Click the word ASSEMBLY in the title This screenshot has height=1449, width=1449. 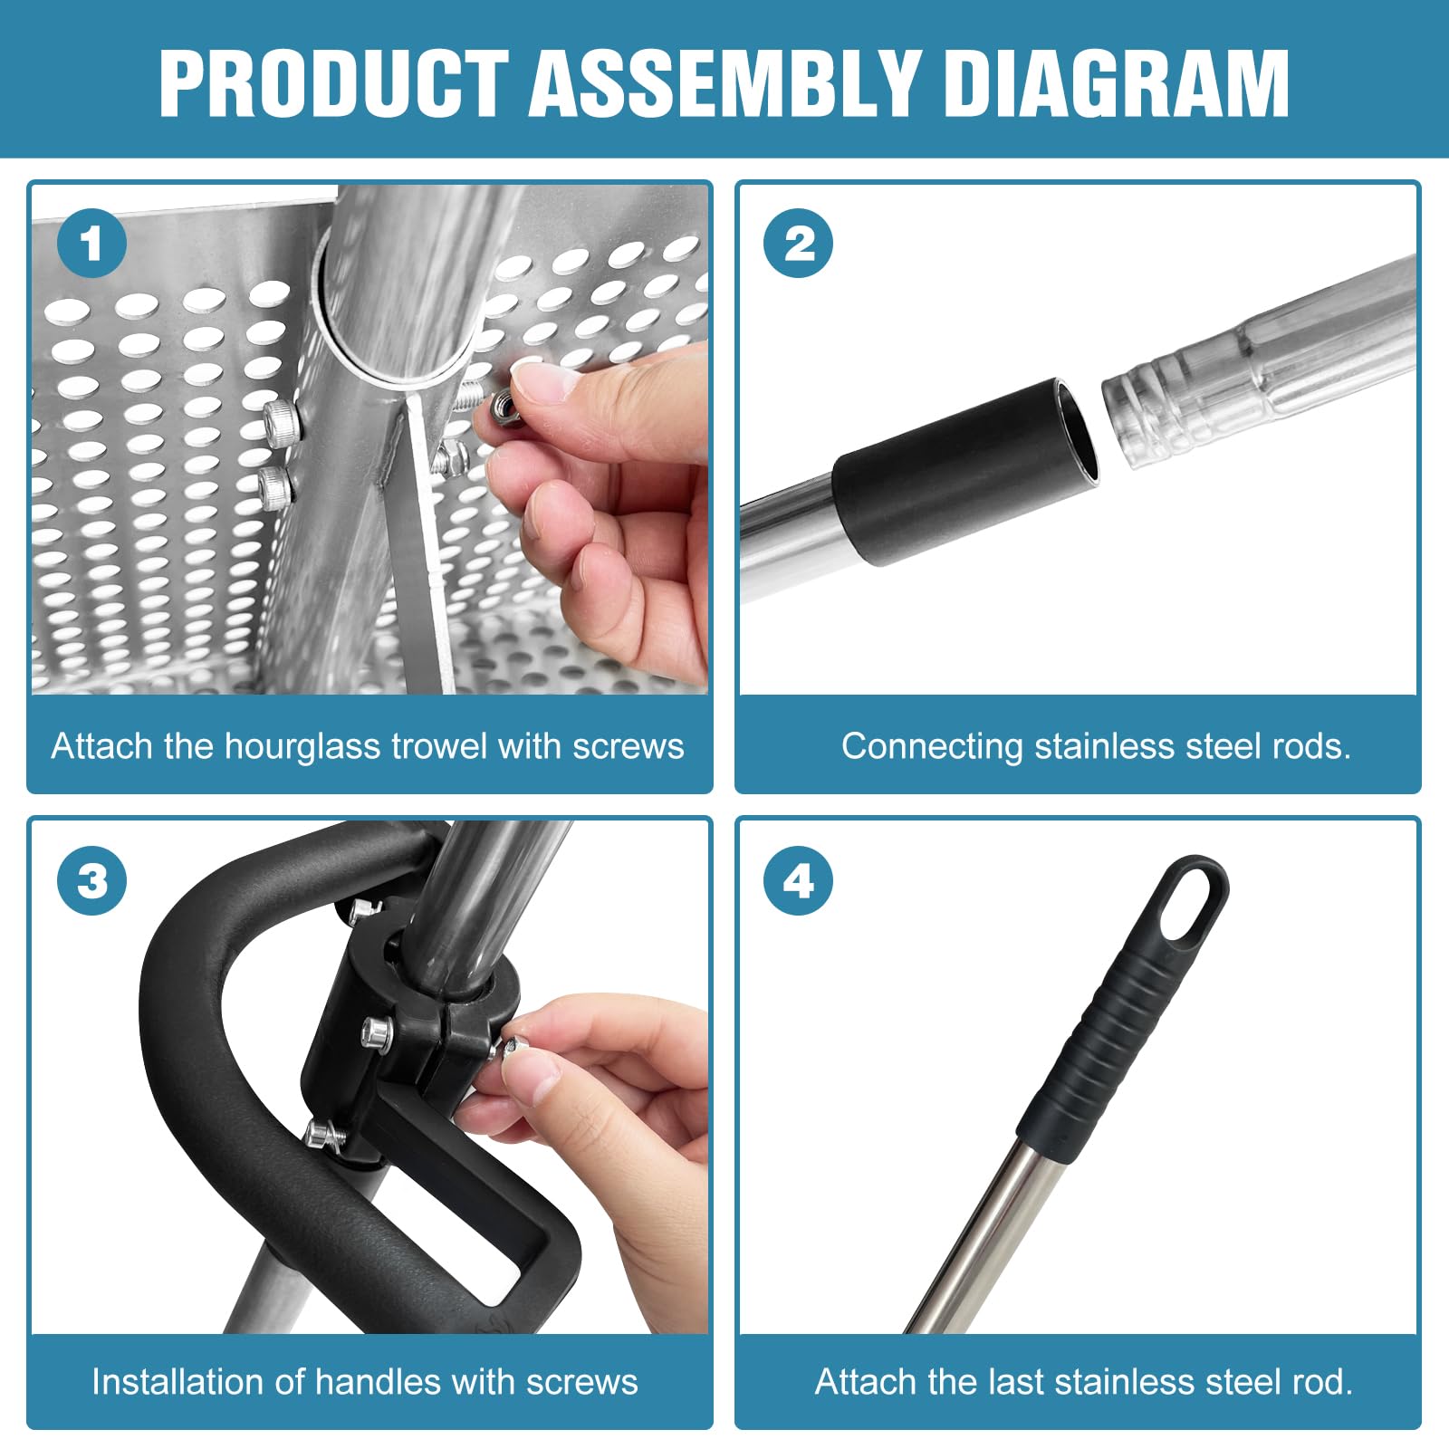(x=724, y=82)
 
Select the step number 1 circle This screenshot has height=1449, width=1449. (x=91, y=244)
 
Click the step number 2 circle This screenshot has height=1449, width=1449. (x=799, y=244)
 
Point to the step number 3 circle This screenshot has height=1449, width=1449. (x=91, y=880)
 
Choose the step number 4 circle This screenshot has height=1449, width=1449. (x=799, y=880)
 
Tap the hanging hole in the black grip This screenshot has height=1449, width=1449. (x=1190, y=906)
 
